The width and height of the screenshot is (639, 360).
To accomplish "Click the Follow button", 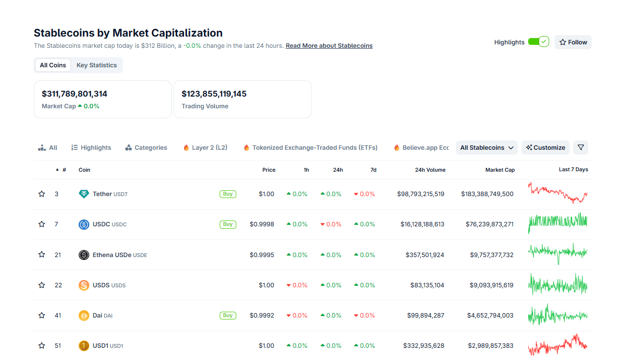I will pyautogui.click(x=573, y=42).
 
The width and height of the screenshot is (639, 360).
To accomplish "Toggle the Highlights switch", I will pyautogui.click(x=538, y=42).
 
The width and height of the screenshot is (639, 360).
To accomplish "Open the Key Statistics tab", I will pyautogui.click(x=97, y=65).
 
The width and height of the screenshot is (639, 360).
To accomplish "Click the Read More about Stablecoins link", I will pyautogui.click(x=329, y=46).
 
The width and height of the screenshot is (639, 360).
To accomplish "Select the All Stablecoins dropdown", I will pyautogui.click(x=487, y=148).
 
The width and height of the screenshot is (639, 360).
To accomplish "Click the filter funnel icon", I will pyautogui.click(x=580, y=148).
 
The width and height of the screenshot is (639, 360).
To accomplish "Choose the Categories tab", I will pyautogui.click(x=146, y=148).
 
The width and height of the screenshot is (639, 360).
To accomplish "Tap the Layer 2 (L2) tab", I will pyautogui.click(x=205, y=148).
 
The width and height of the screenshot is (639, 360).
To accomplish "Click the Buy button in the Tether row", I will pyautogui.click(x=227, y=194).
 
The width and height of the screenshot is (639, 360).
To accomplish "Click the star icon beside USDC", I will pyautogui.click(x=41, y=224).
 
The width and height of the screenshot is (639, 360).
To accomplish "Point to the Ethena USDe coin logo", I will pyautogui.click(x=84, y=255).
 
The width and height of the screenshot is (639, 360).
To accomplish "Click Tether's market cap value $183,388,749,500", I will pyautogui.click(x=487, y=194).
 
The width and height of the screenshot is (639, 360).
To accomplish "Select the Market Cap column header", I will pyautogui.click(x=500, y=170).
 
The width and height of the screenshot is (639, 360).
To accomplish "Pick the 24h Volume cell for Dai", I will pyautogui.click(x=426, y=316).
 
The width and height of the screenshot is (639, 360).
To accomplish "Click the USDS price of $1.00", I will pyautogui.click(x=267, y=285).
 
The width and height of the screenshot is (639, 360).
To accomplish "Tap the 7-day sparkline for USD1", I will pyautogui.click(x=557, y=345).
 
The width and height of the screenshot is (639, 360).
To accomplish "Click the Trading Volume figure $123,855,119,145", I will pyautogui.click(x=214, y=94).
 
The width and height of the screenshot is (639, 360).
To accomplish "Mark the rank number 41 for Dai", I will pyautogui.click(x=58, y=316).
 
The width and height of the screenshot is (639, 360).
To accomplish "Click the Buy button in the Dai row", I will pyautogui.click(x=227, y=316).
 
